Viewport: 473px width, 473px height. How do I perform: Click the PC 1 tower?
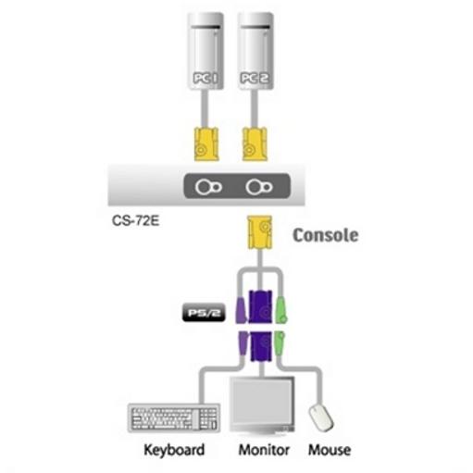click(205, 51)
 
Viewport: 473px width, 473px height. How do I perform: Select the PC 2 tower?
click(255, 51)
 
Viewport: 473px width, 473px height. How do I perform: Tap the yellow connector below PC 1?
click(206, 144)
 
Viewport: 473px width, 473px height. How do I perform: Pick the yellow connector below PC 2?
click(255, 144)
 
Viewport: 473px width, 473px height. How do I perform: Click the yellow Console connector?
click(260, 232)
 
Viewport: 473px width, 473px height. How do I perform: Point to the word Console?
click(326, 235)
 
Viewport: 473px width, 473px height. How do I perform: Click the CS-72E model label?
click(135, 221)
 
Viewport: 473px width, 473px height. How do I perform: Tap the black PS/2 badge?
click(204, 313)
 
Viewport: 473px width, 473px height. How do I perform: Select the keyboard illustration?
click(174, 417)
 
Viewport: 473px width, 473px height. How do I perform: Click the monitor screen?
click(262, 402)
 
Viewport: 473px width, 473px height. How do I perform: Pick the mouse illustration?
click(321, 418)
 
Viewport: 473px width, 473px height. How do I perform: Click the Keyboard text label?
click(174, 450)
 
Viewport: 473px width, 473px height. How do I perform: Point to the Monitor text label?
click(264, 450)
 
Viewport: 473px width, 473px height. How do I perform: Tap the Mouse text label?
click(330, 450)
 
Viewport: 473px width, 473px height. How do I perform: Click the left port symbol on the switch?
click(208, 187)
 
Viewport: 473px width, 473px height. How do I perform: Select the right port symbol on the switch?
click(259, 187)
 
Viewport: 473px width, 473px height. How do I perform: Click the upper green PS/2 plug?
click(281, 310)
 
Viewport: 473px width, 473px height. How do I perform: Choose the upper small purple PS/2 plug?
click(242, 310)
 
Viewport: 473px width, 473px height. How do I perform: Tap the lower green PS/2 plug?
click(280, 343)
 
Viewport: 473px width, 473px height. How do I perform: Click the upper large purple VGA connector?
click(261, 306)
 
